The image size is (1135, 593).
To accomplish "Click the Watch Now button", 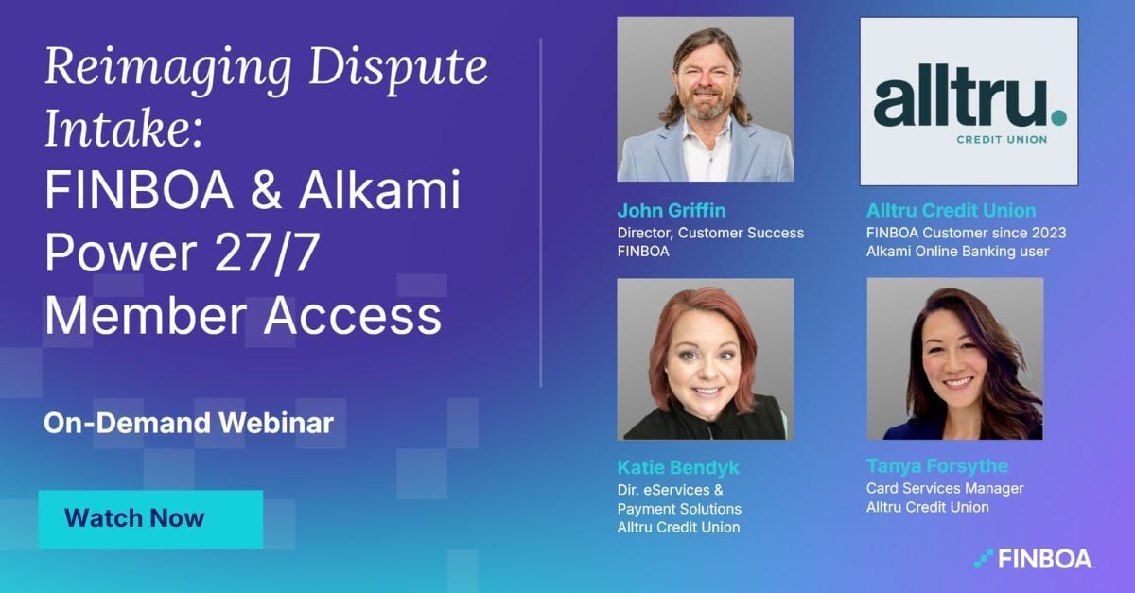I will [x=150, y=518].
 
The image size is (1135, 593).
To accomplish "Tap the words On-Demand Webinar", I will [x=188, y=423].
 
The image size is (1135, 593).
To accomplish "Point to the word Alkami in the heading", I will [x=380, y=191].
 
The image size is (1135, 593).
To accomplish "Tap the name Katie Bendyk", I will [x=678, y=467].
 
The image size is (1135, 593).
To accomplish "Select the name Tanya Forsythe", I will [x=937, y=466].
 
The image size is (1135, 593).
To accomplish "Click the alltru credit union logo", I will [x=969, y=101].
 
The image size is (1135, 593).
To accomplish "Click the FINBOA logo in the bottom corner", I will [x=1034, y=559].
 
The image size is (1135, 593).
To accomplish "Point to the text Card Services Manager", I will [x=945, y=488].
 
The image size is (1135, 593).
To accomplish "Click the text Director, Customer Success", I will [x=710, y=233].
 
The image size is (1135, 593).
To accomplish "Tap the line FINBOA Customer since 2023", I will [x=967, y=233].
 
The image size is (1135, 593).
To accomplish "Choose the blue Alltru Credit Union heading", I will [x=952, y=210].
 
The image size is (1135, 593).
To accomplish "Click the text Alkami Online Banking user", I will [x=958, y=252].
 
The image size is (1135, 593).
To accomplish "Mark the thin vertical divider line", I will [x=541, y=213].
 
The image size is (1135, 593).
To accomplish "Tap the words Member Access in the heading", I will [x=243, y=315].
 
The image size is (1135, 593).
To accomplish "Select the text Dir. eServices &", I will [x=670, y=490].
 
